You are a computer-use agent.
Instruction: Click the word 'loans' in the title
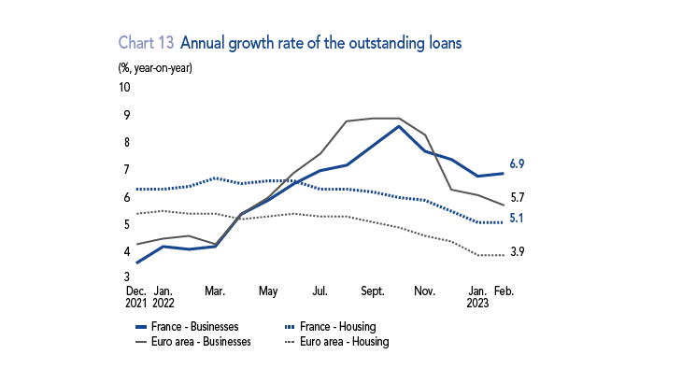tap(441, 43)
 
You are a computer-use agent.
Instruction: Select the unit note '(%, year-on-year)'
tap(155, 67)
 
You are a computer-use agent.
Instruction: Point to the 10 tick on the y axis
tap(124, 88)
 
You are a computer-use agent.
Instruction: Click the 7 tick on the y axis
tap(126, 170)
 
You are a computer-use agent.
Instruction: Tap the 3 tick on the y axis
tap(126, 278)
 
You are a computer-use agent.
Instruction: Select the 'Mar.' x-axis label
tap(216, 291)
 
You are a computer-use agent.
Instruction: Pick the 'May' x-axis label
tap(268, 291)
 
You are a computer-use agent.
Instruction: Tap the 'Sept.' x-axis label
tap(374, 291)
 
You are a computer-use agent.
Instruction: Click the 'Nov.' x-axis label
tap(426, 291)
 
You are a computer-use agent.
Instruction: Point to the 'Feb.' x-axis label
tap(504, 291)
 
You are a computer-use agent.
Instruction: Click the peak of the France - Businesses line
tap(399, 126)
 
